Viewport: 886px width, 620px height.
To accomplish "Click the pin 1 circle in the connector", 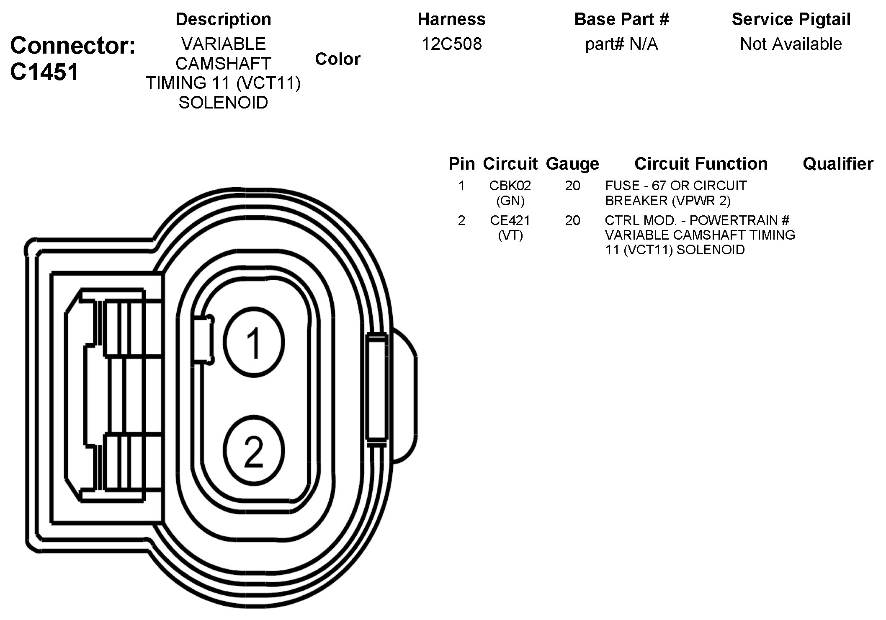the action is point(254,342).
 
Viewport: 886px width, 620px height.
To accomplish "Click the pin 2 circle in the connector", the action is point(254,451).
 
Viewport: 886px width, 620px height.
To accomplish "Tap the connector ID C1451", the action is point(44,72).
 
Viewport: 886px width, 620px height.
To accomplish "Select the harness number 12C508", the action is point(451,44).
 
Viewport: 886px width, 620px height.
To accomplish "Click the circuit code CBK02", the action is point(510,186).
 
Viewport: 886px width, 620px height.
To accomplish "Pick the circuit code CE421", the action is point(510,220).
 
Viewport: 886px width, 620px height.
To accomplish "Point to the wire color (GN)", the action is point(510,201).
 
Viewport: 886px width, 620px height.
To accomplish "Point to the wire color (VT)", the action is point(510,235).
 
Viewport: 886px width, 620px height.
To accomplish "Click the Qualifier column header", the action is point(838,164).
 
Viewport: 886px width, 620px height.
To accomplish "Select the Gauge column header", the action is point(572,164).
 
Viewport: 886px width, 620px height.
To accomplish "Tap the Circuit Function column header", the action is point(701,164).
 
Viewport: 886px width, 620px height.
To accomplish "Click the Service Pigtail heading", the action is point(791,19).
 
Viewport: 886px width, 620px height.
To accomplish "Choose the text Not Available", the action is point(791,44).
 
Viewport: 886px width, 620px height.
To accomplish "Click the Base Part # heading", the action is point(621,19).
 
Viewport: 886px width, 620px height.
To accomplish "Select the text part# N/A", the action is point(621,44).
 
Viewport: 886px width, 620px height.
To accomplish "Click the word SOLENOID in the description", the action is point(223,103).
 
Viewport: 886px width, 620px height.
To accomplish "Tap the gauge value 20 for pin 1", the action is point(572,186).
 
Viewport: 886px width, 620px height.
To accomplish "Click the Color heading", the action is point(337,59).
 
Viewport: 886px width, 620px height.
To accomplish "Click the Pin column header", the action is point(461,164).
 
